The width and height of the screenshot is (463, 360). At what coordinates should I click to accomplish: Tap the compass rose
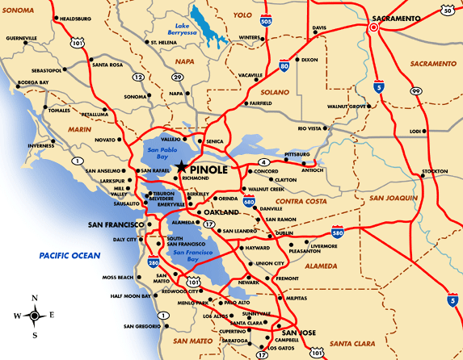tap(35, 316)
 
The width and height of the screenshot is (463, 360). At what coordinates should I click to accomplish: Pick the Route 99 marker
tap(415, 92)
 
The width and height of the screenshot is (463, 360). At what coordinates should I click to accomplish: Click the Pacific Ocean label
tap(69, 256)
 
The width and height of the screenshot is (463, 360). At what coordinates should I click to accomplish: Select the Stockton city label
tap(434, 171)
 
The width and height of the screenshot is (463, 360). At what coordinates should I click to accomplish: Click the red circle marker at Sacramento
tap(374, 27)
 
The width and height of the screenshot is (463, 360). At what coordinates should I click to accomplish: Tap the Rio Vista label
tap(310, 128)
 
